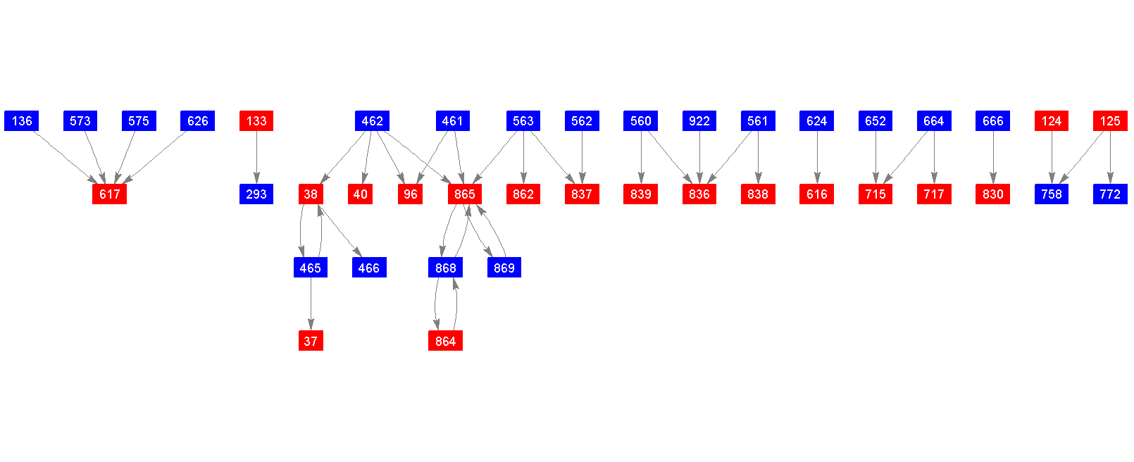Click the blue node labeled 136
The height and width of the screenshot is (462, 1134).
(22, 121)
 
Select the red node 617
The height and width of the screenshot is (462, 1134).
(109, 194)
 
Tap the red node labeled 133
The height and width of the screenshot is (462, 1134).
(256, 121)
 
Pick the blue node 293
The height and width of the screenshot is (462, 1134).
(256, 194)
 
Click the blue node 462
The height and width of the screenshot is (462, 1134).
(372, 121)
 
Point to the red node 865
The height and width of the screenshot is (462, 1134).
(464, 194)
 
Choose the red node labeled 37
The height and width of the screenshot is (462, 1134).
(311, 341)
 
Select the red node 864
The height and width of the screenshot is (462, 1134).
(445, 341)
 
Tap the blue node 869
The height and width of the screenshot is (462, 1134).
(504, 268)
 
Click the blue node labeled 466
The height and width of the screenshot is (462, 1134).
(368, 268)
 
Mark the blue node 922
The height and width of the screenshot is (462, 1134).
(699, 121)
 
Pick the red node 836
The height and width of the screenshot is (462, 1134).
(699, 194)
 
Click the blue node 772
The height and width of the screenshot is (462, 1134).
(1110, 194)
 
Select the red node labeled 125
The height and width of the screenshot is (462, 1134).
(1110, 121)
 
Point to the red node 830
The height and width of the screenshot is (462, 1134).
(993, 194)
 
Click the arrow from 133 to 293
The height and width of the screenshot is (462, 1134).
(256, 158)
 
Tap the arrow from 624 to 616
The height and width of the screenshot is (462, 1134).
(817, 158)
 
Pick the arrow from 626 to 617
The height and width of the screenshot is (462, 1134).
(155, 157)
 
